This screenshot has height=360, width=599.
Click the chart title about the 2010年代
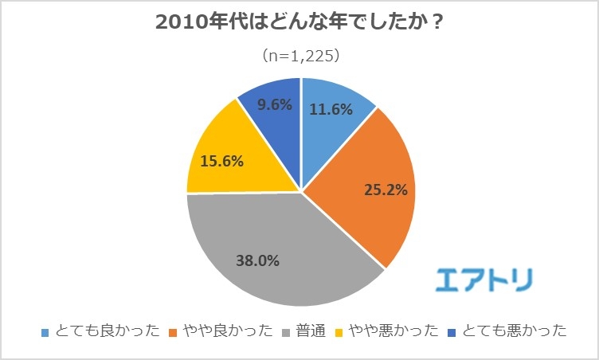click(x=299, y=23)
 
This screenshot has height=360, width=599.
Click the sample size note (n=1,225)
click(x=299, y=57)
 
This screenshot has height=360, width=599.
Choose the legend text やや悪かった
click(x=386, y=331)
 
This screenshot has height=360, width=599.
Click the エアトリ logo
click(x=485, y=278)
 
